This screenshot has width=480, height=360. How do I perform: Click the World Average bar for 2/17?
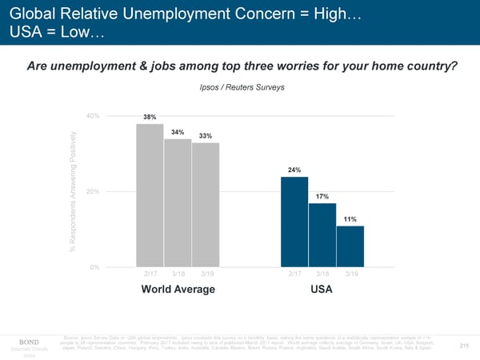click(x=150, y=195)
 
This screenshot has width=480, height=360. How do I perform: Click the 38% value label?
click(x=150, y=118)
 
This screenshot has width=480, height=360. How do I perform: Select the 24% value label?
click(x=294, y=170)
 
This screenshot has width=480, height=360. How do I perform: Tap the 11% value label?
click(x=350, y=219)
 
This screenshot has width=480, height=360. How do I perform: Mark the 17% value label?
click(x=322, y=197)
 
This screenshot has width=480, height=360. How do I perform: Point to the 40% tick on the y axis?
click(x=92, y=116)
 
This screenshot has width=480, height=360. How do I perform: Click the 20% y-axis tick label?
click(x=92, y=191)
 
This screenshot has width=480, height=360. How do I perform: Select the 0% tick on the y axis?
click(x=94, y=266)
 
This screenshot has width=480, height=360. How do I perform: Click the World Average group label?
click(x=178, y=290)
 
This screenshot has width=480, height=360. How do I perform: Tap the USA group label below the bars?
click(x=322, y=290)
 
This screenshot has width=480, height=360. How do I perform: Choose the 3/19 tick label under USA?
click(x=350, y=274)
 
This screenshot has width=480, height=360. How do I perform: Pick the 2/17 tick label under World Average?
click(x=150, y=274)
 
